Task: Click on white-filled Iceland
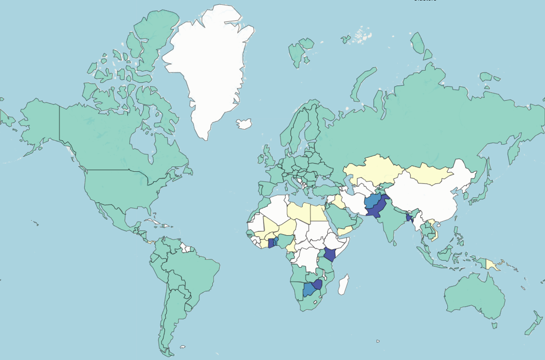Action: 244,124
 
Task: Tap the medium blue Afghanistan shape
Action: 372,200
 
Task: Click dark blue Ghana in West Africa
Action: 271,243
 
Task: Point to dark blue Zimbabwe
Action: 318,284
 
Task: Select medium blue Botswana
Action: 309,290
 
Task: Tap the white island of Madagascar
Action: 343,285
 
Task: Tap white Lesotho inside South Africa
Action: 315,302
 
